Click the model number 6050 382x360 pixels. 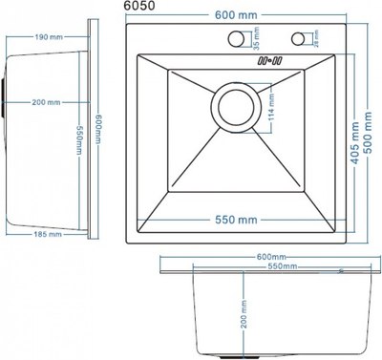[x=139, y=6]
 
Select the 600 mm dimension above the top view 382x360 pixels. [x=236, y=15]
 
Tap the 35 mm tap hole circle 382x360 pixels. [x=236, y=38]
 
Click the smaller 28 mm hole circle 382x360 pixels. [x=298, y=38]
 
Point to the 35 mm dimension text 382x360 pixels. [x=257, y=38]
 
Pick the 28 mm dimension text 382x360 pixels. [x=316, y=39]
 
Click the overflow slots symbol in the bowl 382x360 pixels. [x=269, y=60]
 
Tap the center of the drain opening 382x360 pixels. [x=236, y=107]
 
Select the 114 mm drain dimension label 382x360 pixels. [x=271, y=107]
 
